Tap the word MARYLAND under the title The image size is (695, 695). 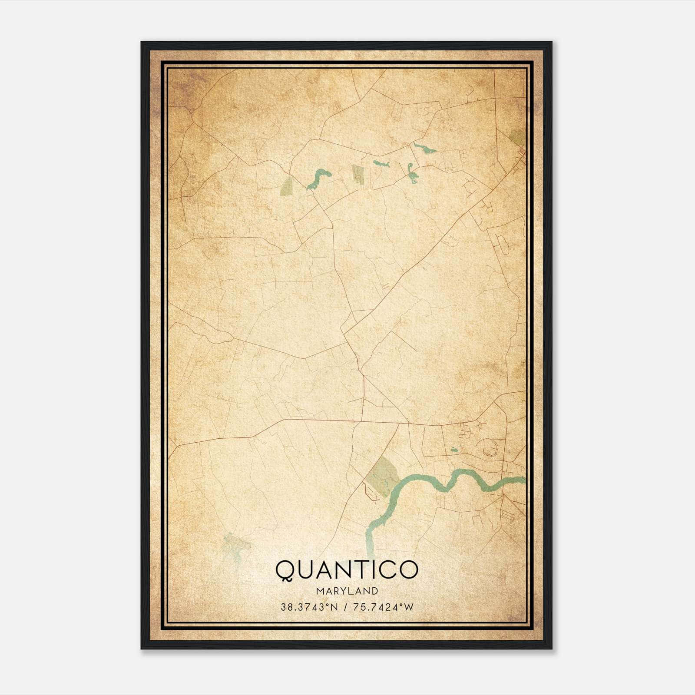[347, 591]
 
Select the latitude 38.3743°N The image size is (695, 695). [309, 607]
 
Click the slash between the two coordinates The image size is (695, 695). [345, 607]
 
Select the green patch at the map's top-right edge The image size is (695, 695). [518, 138]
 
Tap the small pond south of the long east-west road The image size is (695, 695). [454, 450]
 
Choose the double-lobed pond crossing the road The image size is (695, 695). [411, 172]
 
